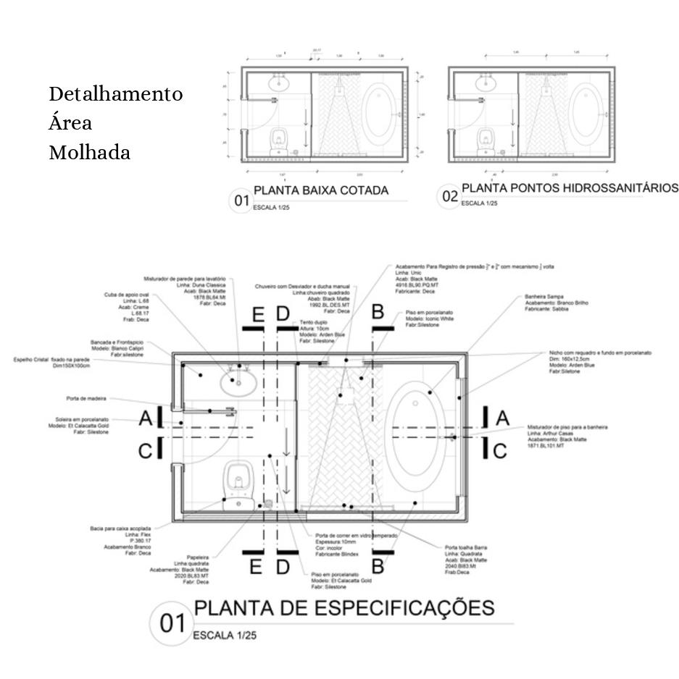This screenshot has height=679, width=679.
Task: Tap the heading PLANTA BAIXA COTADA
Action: pyautogui.click(x=320, y=190)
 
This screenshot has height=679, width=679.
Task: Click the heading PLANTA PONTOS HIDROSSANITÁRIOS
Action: pyautogui.click(x=570, y=188)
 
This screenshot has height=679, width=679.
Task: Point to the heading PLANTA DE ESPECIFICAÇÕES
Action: pyautogui.click(x=344, y=607)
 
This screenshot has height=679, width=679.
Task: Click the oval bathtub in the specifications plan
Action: pyautogui.click(x=415, y=438)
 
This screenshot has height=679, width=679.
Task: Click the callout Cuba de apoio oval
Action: pyautogui.click(x=128, y=295)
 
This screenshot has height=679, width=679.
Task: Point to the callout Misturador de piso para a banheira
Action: pyautogui.click(x=567, y=427)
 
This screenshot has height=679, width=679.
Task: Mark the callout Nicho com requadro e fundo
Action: pyautogui.click(x=600, y=353)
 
